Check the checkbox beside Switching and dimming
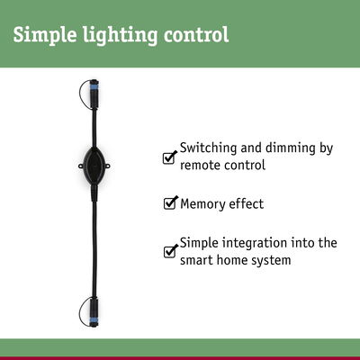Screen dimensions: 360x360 coord(169,158)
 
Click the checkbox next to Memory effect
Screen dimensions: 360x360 coord(169,204)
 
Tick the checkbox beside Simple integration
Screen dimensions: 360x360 coord(169,252)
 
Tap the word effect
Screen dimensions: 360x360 coord(247,204)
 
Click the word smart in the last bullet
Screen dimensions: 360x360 coord(198,260)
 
